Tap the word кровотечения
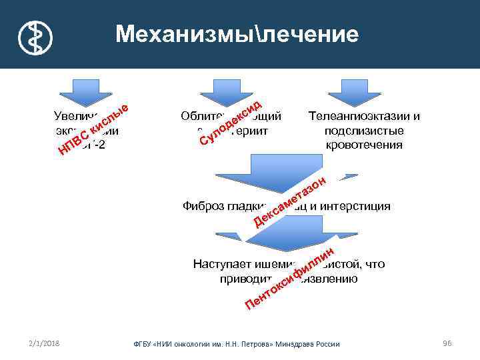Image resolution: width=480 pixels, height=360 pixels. (x=364, y=144)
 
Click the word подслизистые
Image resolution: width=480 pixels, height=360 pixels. (x=364, y=130)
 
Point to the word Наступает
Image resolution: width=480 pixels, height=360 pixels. (x=221, y=264)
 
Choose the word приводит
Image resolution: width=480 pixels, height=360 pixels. (x=243, y=279)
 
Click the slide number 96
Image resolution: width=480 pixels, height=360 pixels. (x=447, y=343)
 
